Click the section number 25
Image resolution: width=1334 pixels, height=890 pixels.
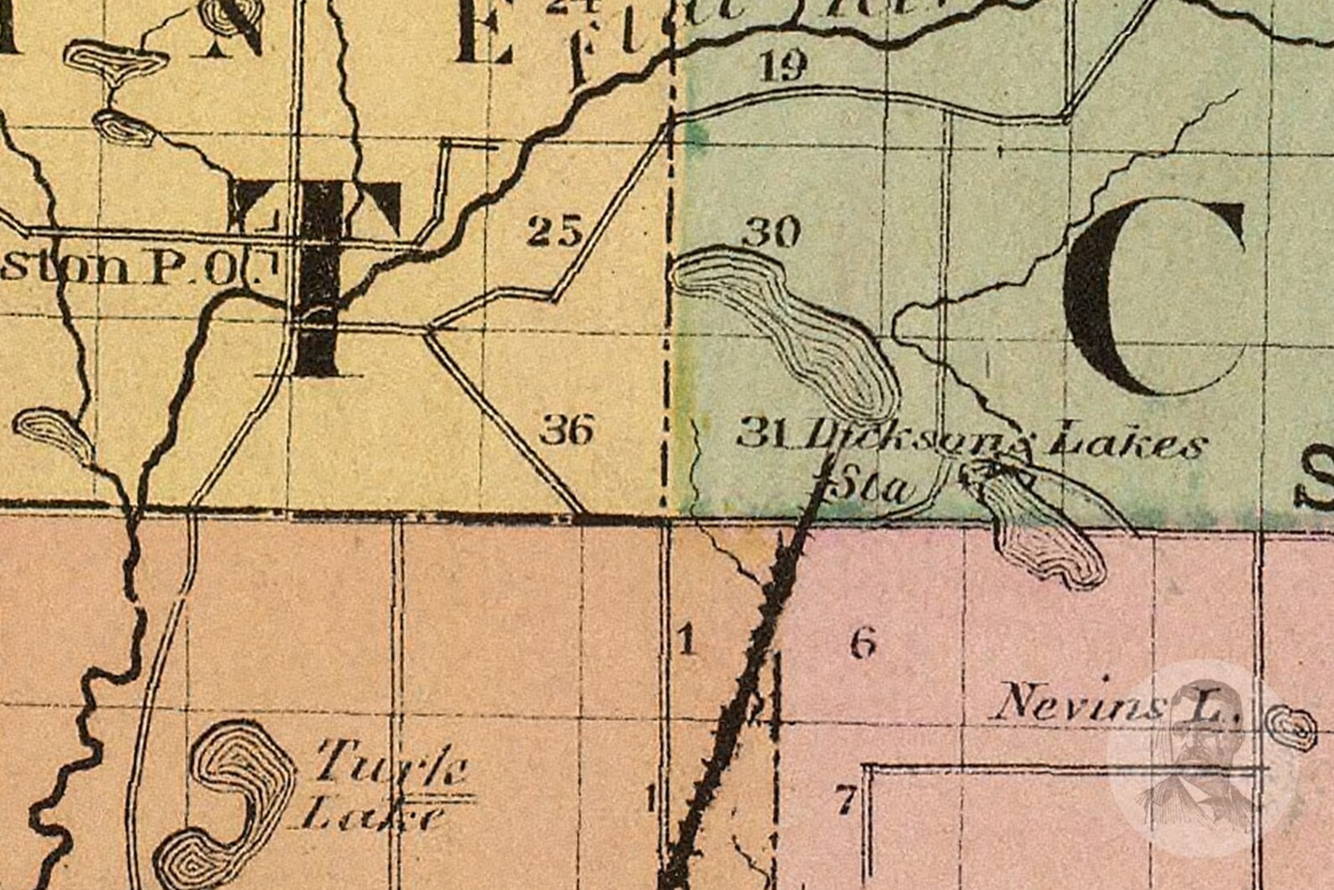click(554, 230)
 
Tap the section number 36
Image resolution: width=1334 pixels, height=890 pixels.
click(566, 429)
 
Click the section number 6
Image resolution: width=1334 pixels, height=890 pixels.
click(863, 644)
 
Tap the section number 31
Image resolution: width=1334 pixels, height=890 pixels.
click(761, 434)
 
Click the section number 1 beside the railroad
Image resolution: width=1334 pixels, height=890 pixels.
click(686, 643)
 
